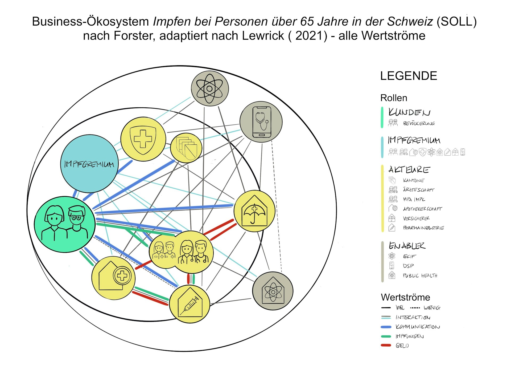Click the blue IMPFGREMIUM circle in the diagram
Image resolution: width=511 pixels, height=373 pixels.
click(89, 164)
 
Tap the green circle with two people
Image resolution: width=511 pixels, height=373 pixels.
click(65, 224)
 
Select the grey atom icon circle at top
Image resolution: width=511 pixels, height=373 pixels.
click(210, 88)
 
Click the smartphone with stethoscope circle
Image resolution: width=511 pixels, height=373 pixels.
click(261, 122)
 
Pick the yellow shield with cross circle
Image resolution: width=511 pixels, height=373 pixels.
click(143, 139)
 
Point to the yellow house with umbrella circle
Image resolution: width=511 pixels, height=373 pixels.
click(254, 211)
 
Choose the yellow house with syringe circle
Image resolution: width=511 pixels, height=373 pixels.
click(189, 304)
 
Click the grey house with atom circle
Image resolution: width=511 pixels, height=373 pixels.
click(273, 291)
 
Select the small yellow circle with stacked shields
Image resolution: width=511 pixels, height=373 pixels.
click(186, 148)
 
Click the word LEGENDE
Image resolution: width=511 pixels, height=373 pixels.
click(409, 76)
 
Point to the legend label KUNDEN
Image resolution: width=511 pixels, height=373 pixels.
click(409, 112)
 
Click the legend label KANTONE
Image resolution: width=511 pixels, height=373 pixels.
click(413, 180)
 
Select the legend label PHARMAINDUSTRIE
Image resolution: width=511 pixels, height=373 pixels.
click(423, 228)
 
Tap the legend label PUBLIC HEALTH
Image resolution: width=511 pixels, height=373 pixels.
click(420, 275)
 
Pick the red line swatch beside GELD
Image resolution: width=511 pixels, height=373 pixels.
click(386, 345)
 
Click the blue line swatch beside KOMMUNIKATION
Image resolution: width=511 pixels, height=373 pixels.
click(386, 327)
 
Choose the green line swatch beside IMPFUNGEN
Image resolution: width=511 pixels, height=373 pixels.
click(386, 336)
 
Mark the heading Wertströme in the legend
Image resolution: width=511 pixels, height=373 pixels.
click(405, 297)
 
